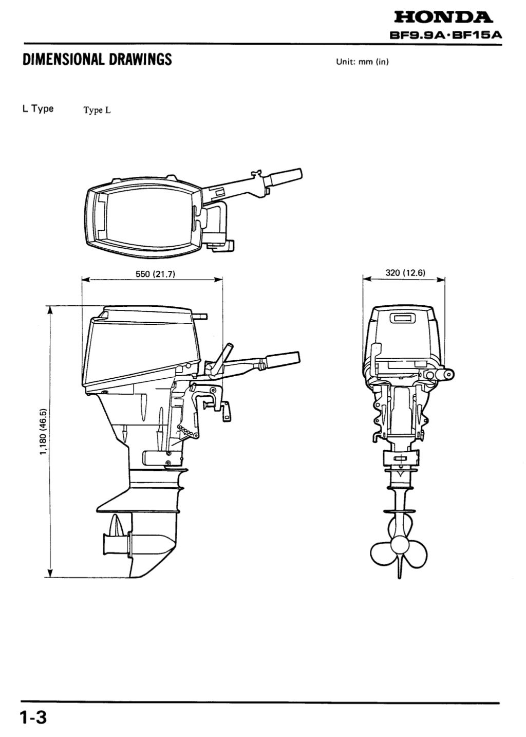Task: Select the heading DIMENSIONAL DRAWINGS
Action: pos(97,60)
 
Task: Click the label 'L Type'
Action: pos(38,109)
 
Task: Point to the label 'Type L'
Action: pos(97,110)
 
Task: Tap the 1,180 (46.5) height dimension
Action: pos(43,432)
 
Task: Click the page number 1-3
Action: pos(34,717)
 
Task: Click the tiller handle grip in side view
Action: pos(281,358)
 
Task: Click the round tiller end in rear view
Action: pos(448,375)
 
